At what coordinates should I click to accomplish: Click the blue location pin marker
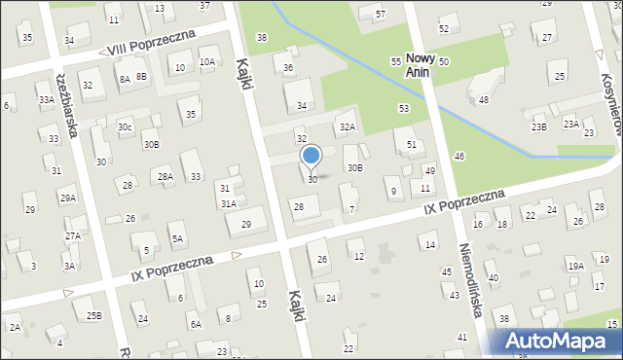point(311,156)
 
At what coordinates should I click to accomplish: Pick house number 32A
point(347,126)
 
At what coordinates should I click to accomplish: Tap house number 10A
point(206,61)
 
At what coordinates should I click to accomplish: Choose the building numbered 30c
point(125,126)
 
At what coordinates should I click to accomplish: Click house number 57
point(380,14)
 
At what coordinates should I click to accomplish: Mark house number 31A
point(228,203)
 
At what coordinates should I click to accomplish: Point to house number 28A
point(165,176)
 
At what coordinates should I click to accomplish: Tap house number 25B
point(93,315)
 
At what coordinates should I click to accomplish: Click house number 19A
point(576,266)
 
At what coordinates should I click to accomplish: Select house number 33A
point(46,99)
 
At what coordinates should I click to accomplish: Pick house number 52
point(444,28)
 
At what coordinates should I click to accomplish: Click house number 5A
point(176,237)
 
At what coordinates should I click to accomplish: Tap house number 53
point(403,108)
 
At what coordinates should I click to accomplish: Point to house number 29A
point(67,198)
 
